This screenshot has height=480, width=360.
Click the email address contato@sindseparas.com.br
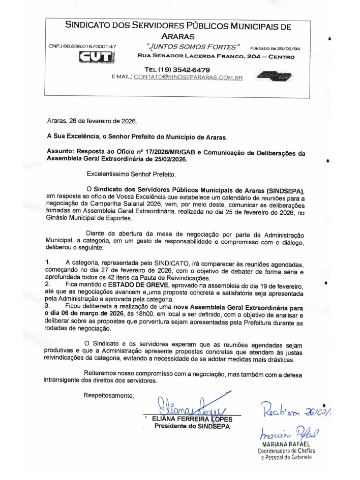click(x=188, y=77)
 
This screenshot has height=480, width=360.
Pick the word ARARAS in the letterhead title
click(x=178, y=36)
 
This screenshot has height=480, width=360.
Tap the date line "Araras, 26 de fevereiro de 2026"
click(x=92, y=121)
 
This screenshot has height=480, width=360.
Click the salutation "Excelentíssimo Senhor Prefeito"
click(x=131, y=174)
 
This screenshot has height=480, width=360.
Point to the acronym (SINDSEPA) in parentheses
click(x=285, y=191)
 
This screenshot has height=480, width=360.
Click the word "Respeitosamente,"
click(x=109, y=395)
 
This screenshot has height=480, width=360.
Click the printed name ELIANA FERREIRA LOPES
click(x=192, y=419)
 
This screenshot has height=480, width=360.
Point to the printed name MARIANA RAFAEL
click(x=286, y=444)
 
